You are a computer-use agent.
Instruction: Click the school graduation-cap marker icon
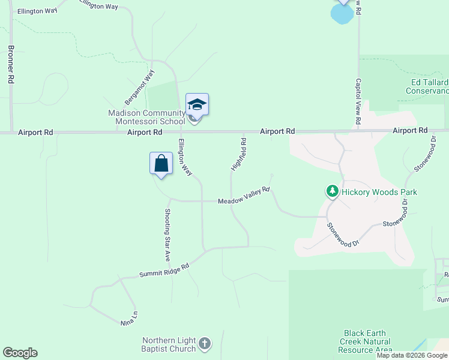coord(197,104)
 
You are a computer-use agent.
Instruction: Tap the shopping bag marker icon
coord(161,163)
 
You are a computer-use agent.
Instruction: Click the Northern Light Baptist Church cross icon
coord(204,344)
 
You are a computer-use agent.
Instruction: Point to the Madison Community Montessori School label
coord(146,117)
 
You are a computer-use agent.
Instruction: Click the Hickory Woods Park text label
coord(379,193)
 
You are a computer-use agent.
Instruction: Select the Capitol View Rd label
coord(358,102)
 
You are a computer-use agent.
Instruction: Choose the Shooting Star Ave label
coord(167,234)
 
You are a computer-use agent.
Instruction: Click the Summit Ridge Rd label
coord(164,269)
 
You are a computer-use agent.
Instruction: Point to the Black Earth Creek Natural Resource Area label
coord(365,341)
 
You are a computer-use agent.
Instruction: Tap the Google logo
coord(20,353)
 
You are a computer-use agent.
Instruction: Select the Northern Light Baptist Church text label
coord(169,344)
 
